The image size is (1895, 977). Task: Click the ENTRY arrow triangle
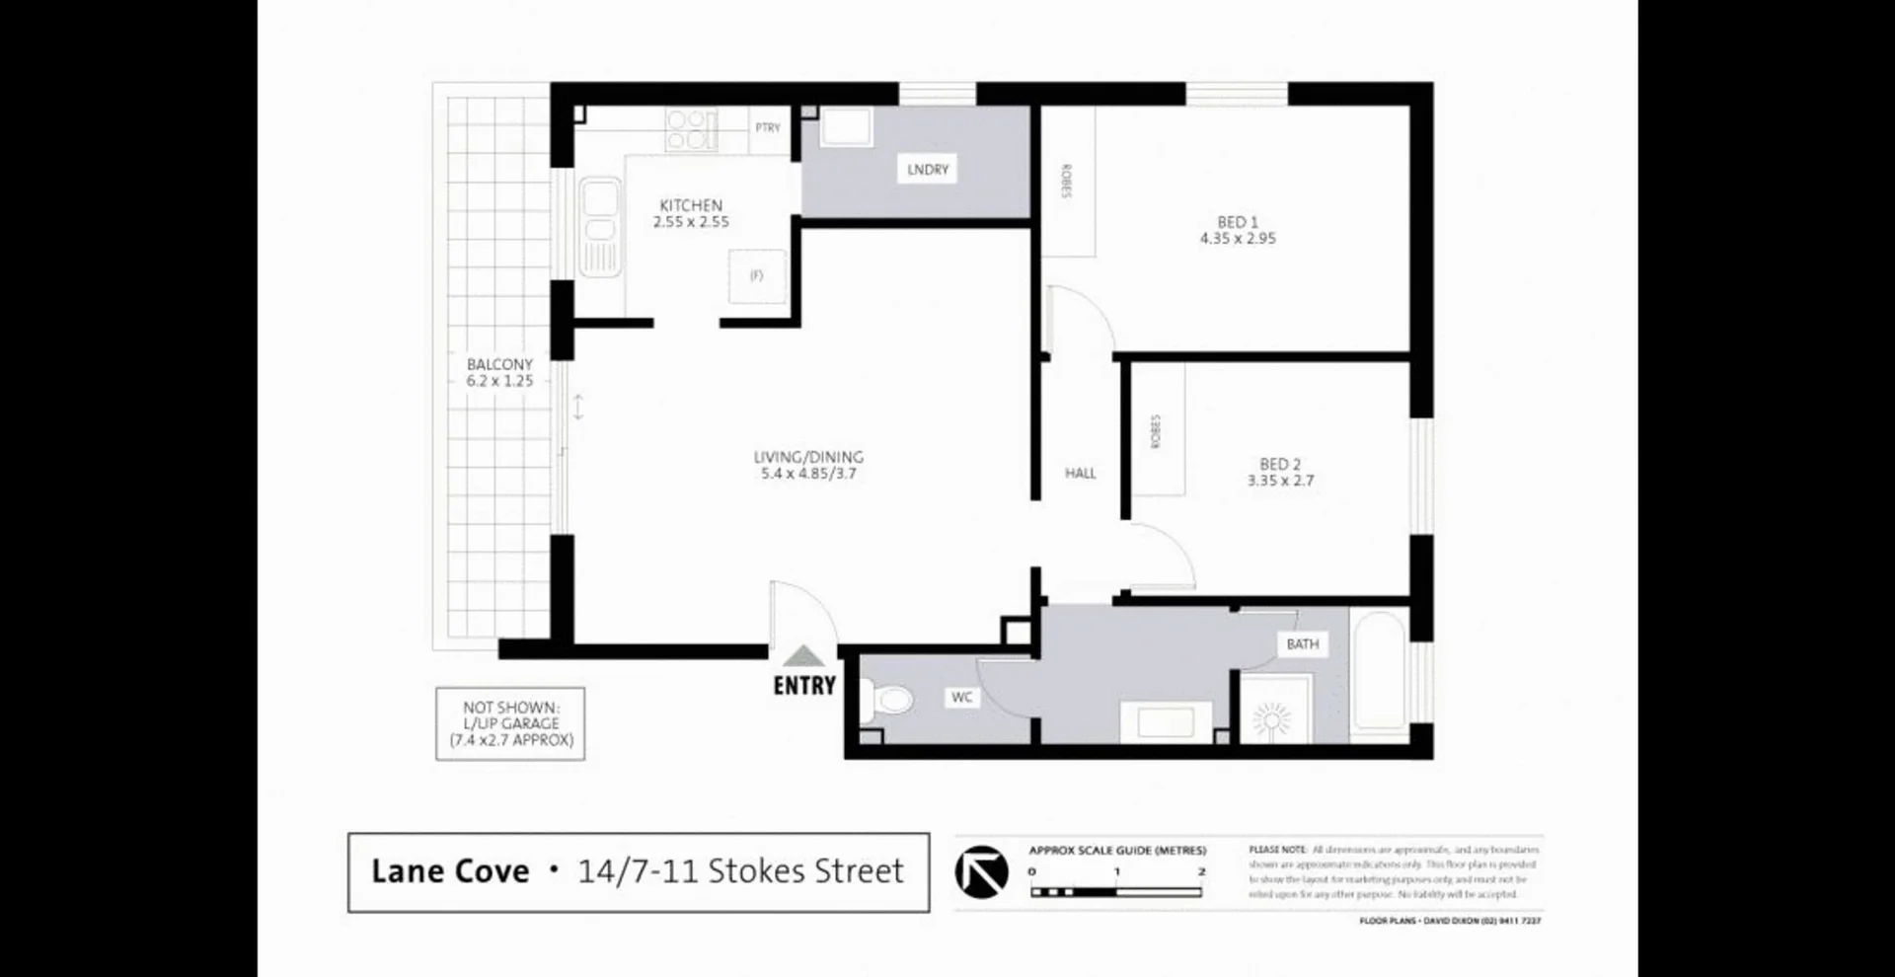tap(803, 657)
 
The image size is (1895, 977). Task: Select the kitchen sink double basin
tap(599, 226)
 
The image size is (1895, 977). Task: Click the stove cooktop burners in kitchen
tap(691, 129)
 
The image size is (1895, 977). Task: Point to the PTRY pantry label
tap(768, 128)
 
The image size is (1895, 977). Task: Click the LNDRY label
tap(928, 170)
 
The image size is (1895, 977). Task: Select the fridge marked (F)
tap(757, 276)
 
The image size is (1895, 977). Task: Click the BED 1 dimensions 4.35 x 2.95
tap(1238, 239)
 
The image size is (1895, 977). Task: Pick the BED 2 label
tap(1280, 464)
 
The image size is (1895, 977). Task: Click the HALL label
tap(1081, 474)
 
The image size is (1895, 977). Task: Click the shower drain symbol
tap(1272, 717)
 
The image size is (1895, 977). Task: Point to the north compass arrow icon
tap(981, 872)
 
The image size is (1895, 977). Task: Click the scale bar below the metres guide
tap(1116, 892)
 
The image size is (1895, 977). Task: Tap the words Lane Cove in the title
tap(450, 871)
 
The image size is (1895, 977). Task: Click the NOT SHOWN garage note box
tap(510, 723)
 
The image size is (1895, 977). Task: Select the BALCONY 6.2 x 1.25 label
tap(499, 373)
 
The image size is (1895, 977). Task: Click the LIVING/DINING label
tap(808, 457)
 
